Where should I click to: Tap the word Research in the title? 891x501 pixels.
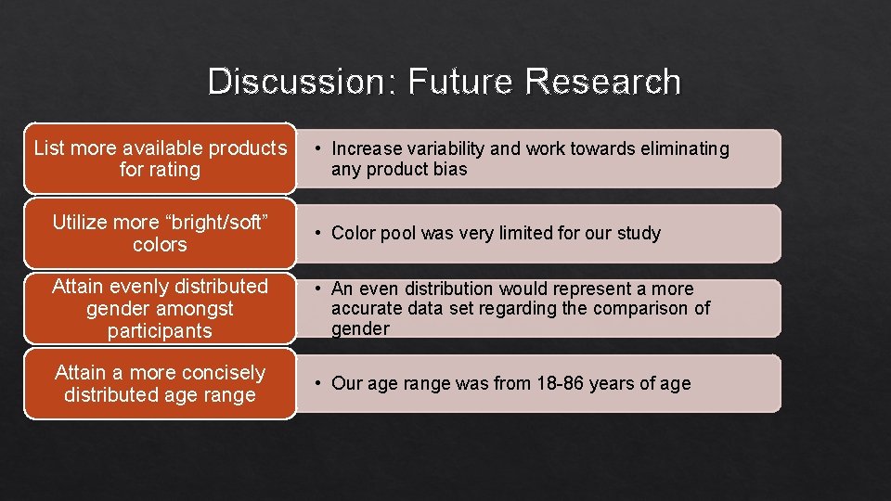[x=602, y=82]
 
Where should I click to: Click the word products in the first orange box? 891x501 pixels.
[x=248, y=148]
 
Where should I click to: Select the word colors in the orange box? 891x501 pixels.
[x=160, y=245]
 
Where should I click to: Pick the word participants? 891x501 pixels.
[x=160, y=330]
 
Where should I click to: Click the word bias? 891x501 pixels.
[x=450, y=170]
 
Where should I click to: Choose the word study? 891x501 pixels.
[x=639, y=233]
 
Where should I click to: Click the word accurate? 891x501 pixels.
[x=363, y=309]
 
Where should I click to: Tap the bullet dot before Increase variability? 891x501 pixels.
[x=317, y=148]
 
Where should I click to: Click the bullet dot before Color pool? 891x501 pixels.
[x=317, y=233]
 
